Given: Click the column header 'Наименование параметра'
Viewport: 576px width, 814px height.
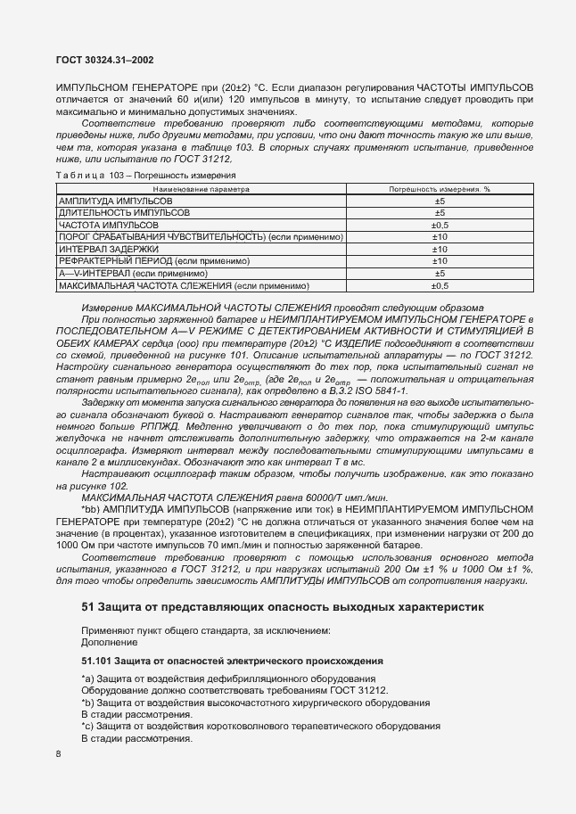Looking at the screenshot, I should click(201, 190).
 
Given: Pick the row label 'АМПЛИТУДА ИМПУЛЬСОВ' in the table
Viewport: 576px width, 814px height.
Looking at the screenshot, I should click(115, 202).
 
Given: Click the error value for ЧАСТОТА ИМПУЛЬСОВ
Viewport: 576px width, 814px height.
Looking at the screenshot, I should click(439, 226).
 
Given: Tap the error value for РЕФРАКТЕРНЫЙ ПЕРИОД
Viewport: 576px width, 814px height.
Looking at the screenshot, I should click(439, 260).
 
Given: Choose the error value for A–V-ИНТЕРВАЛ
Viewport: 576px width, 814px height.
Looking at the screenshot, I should click(439, 273).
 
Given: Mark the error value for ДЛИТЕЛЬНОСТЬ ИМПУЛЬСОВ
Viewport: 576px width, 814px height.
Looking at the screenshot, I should click(439, 214).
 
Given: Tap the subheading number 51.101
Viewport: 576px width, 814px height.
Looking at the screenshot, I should click(99, 662).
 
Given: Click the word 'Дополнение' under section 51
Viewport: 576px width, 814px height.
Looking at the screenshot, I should click(109, 641).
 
